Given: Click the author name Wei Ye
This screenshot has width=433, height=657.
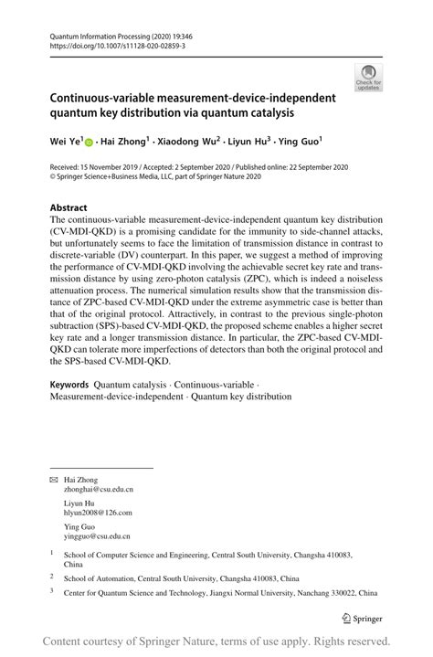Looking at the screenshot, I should tap(66, 142).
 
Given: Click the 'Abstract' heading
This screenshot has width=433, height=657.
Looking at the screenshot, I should tap(69, 207).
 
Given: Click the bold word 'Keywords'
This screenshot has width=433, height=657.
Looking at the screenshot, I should tap(69, 384).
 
